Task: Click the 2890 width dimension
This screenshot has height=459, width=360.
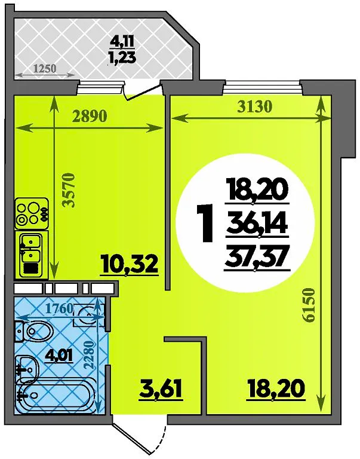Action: click(90, 117)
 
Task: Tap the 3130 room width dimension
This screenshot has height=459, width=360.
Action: click(254, 107)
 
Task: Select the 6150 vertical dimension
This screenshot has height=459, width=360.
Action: click(309, 305)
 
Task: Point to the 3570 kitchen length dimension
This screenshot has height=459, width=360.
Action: click(69, 190)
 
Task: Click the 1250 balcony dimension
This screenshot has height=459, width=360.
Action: click(44, 69)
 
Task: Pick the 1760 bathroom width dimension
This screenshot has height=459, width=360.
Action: click(60, 308)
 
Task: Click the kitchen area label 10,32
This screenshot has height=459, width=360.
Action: click(129, 264)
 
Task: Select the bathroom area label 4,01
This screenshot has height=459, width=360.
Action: click(59, 355)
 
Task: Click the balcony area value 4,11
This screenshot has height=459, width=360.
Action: click(122, 42)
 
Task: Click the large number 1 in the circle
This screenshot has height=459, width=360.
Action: click(205, 224)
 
